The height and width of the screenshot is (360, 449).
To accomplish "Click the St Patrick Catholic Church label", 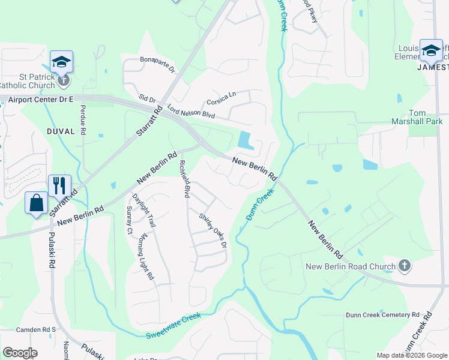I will [x=29, y=81].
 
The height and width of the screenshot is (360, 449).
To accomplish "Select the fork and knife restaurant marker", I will [x=59, y=185].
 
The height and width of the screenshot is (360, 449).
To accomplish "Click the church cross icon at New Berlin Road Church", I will [x=405, y=265].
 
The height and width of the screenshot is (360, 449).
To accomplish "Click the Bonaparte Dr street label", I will [x=157, y=65].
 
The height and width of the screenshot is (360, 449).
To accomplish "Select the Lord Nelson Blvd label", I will [x=191, y=111].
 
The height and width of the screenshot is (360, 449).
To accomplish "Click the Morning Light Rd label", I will [x=146, y=257].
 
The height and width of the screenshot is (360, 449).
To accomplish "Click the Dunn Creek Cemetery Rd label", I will [x=382, y=314].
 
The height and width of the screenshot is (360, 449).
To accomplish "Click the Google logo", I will [x=20, y=353].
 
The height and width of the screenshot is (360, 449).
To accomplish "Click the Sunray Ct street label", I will [x=129, y=219].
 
